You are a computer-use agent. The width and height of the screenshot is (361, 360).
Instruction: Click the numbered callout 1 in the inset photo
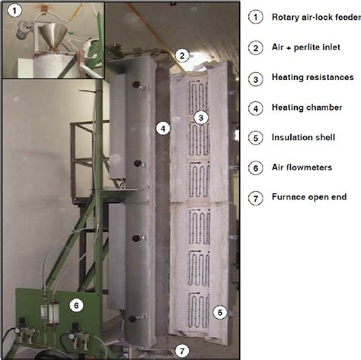coord(14,11)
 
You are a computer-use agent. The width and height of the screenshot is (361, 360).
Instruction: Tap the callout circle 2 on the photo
coord(182,56)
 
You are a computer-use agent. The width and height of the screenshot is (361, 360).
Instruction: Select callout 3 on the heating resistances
coord(201,117)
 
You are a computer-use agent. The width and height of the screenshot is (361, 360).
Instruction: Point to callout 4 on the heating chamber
coord(163,129)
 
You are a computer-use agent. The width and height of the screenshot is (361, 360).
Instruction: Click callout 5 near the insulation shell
coord(220,312)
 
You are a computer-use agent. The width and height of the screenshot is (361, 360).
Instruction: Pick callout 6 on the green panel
coord(76,305)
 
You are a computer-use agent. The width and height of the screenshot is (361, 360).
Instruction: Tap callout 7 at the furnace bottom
coord(182,351)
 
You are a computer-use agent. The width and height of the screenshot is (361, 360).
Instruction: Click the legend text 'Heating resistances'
coord(313,77)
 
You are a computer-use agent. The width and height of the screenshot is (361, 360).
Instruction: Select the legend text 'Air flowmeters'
coord(302,167)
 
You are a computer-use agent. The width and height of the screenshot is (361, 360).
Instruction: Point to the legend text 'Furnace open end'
coord(309,197)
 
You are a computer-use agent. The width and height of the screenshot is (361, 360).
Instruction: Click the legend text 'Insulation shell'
coord(303,137)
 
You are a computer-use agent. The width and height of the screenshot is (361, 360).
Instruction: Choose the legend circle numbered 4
coord(256,109)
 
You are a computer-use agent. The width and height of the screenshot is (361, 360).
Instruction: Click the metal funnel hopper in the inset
coord(53,36)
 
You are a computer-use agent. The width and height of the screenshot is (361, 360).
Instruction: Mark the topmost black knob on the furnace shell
coord(137,84)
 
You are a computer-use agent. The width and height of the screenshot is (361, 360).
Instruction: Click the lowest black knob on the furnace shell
coord(133,319)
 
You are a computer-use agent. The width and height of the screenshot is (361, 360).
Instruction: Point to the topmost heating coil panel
coord(199,97)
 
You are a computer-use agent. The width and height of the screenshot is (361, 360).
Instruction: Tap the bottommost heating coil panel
coord(199,311)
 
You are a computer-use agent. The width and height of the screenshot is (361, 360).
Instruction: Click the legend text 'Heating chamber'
coord(307,107)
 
